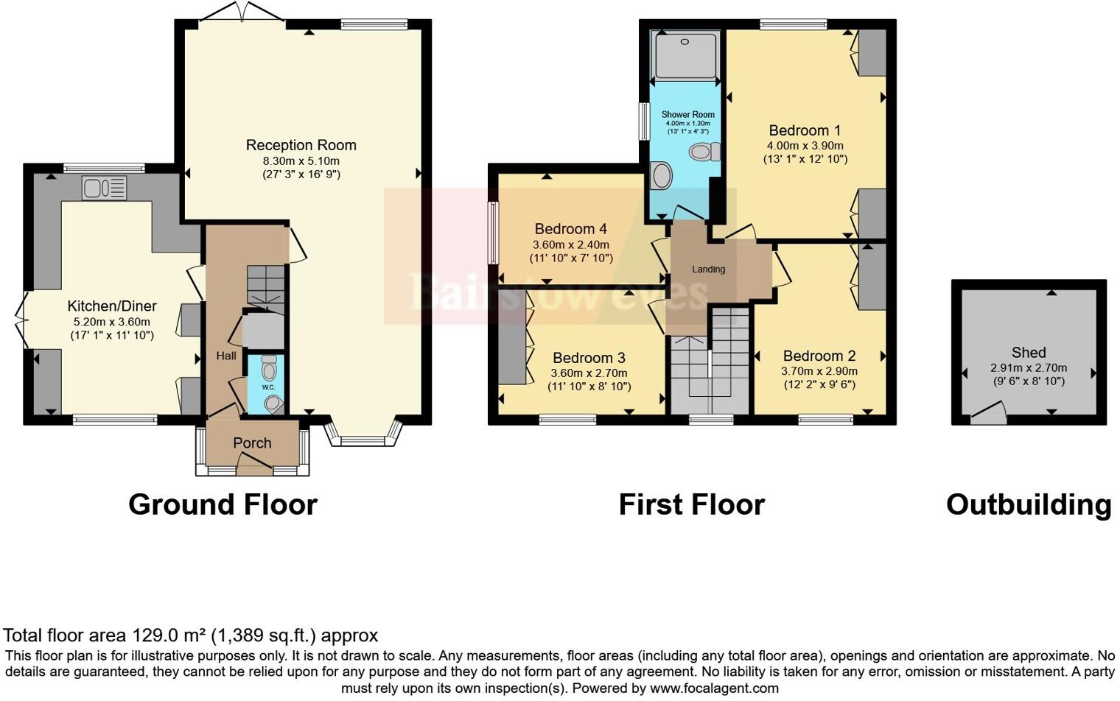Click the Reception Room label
click(x=301, y=145)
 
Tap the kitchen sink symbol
click(x=104, y=189)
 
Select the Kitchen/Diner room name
click(x=112, y=306)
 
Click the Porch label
click(x=252, y=443)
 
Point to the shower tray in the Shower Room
click(x=685, y=55)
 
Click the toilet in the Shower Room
click(x=704, y=152)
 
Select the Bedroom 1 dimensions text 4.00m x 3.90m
click(x=805, y=146)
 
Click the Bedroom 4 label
click(x=570, y=229)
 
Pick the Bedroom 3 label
click(x=589, y=358)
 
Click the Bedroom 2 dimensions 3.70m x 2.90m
click(x=819, y=371)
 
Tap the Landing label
click(x=708, y=270)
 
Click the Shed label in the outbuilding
click(x=1029, y=353)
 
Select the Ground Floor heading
click(x=223, y=505)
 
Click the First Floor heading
click(x=691, y=505)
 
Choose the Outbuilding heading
click(x=1028, y=505)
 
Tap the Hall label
click(x=226, y=356)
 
